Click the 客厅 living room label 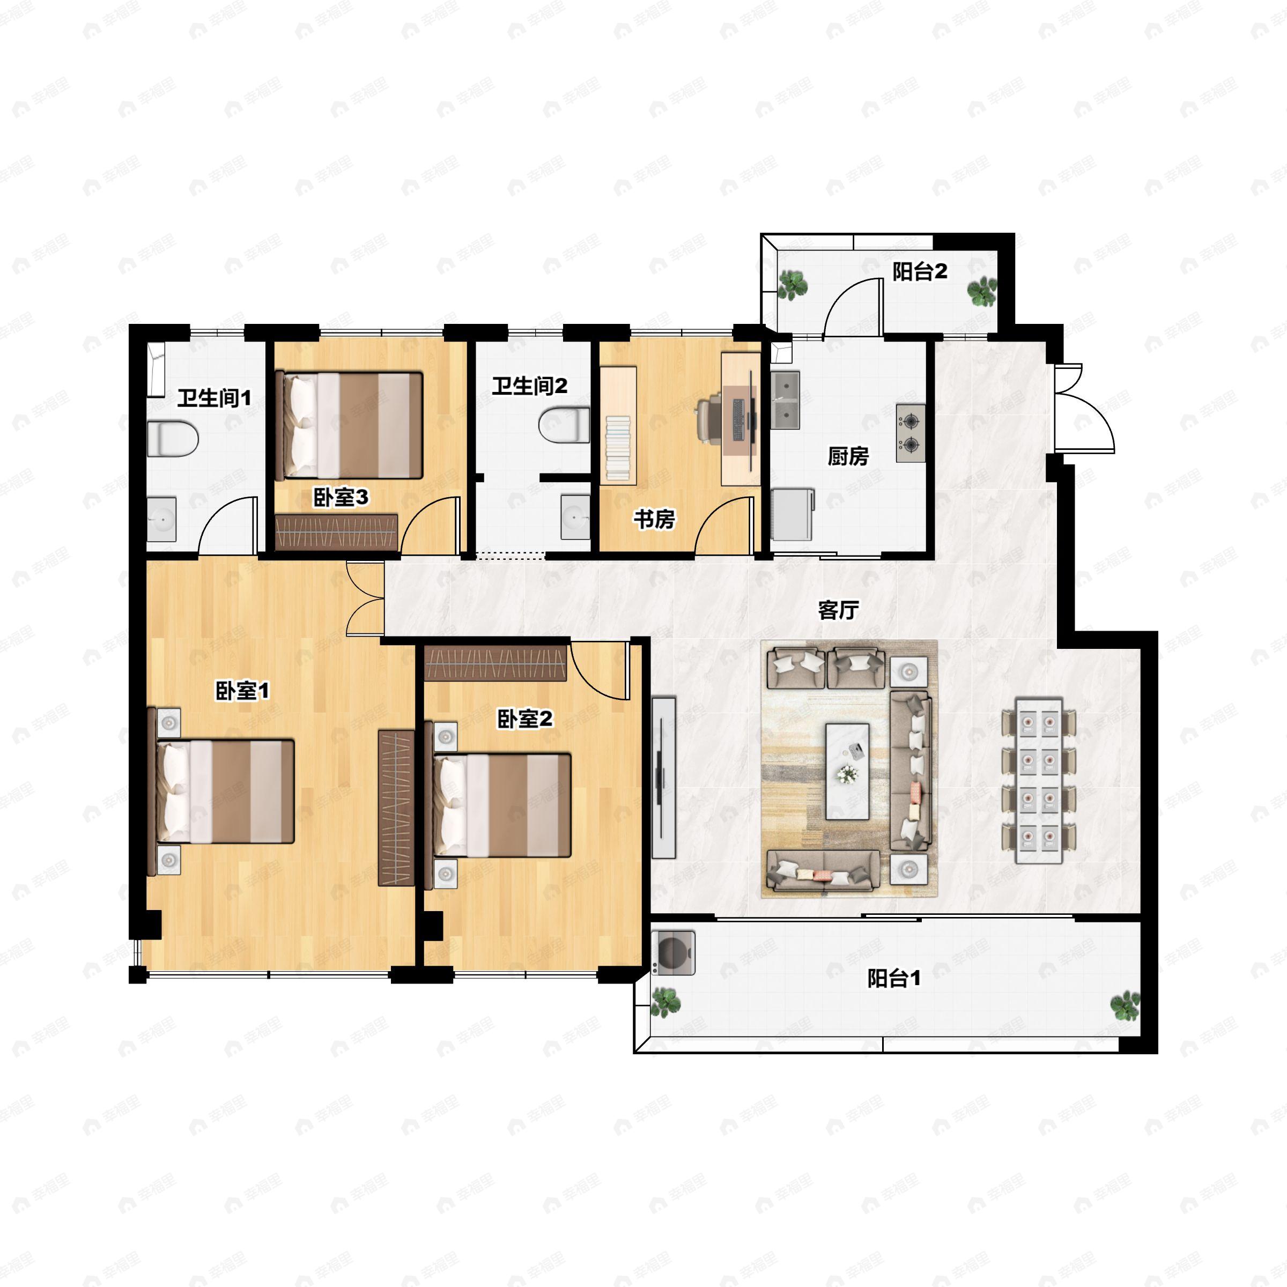coord(838,610)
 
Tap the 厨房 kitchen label coord(848,456)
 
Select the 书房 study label coord(654,519)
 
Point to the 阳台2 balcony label coord(920,272)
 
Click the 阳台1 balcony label coord(894,979)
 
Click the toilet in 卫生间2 coord(564,426)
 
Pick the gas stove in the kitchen coord(911,433)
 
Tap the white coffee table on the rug coord(847,772)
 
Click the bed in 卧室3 coord(349,426)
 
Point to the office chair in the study coord(710,420)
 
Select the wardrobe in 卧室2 coord(495,663)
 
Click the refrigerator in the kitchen coord(793,514)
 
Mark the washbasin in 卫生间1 coord(161,519)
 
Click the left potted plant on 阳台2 coord(793,286)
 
